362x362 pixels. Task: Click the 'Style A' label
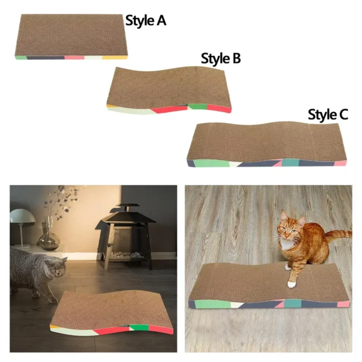pyautogui.click(x=145, y=21)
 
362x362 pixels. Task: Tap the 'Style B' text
pyautogui.click(x=221, y=59)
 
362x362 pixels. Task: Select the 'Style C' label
pyautogui.click(x=328, y=115)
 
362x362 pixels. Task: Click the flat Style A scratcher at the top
pyautogui.click(x=72, y=36)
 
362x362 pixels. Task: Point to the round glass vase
pyautogui.click(x=49, y=240)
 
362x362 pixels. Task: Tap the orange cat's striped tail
pyautogui.click(x=338, y=234)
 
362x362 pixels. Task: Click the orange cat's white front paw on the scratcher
pyautogui.click(x=292, y=282)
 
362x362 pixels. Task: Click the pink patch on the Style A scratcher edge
pyautogui.click(x=73, y=57)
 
